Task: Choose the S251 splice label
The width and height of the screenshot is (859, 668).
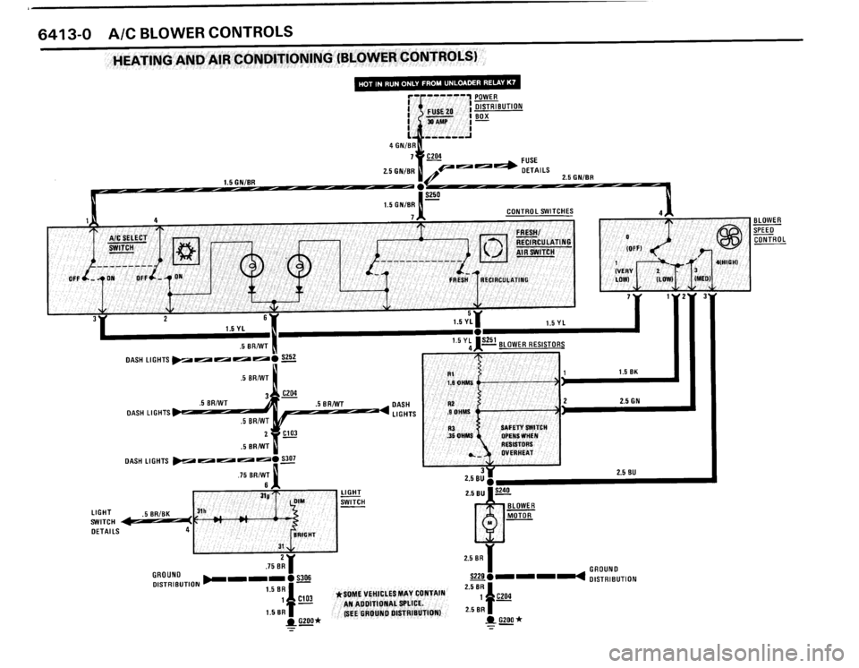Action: pos(489,341)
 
